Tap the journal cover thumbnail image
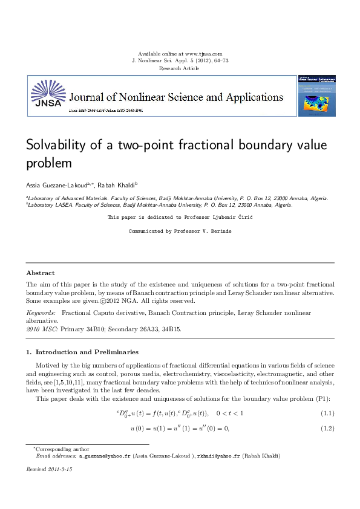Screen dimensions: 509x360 tap(316, 96)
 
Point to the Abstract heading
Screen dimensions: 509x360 tap(40, 273)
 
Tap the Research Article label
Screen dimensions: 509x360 tap(179, 68)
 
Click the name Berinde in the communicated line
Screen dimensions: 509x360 tap(220, 231)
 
